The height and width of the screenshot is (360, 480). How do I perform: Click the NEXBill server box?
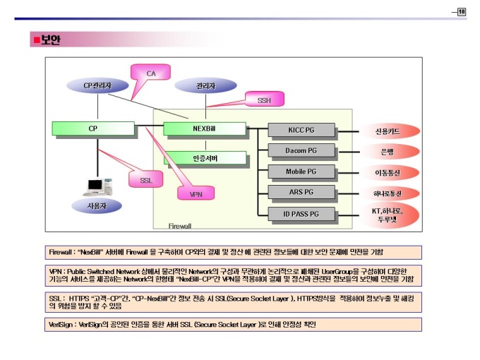point(204,129)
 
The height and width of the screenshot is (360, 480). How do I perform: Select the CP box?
point(92,129)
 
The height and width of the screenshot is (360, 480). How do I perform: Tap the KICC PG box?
point(301,131)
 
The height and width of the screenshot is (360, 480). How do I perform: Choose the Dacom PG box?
point(301,150)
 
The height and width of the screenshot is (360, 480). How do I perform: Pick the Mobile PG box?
point(301,172)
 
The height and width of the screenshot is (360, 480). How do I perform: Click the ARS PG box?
point(301,192)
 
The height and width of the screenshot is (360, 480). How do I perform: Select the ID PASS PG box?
point(301,213)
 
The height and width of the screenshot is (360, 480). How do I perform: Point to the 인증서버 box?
point(205,158)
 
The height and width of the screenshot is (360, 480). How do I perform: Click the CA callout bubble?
point(151,74)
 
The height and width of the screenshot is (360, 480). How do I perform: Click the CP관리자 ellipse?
point(97,85)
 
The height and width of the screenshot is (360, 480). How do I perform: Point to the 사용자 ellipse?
point(95,205)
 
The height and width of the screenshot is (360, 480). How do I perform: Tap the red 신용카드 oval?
point(388,131)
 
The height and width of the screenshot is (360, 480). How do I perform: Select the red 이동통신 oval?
point(388,172)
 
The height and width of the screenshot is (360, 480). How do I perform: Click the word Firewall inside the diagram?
point(180,226)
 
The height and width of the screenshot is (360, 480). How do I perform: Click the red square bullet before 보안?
point(35,40)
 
